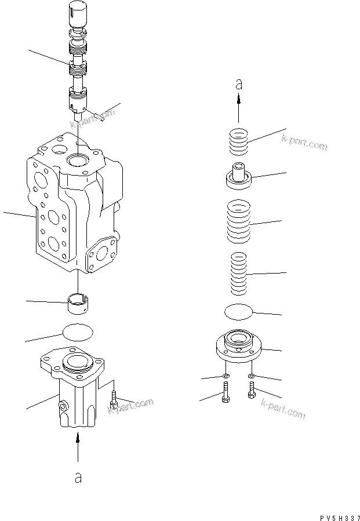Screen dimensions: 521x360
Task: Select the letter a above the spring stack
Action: [238, 85]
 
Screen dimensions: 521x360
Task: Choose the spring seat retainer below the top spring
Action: [239, 175]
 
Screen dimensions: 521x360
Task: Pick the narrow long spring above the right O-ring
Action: [239, 273]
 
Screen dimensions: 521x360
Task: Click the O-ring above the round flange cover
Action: [239, 311]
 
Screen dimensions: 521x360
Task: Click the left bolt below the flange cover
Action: [225, 395]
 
